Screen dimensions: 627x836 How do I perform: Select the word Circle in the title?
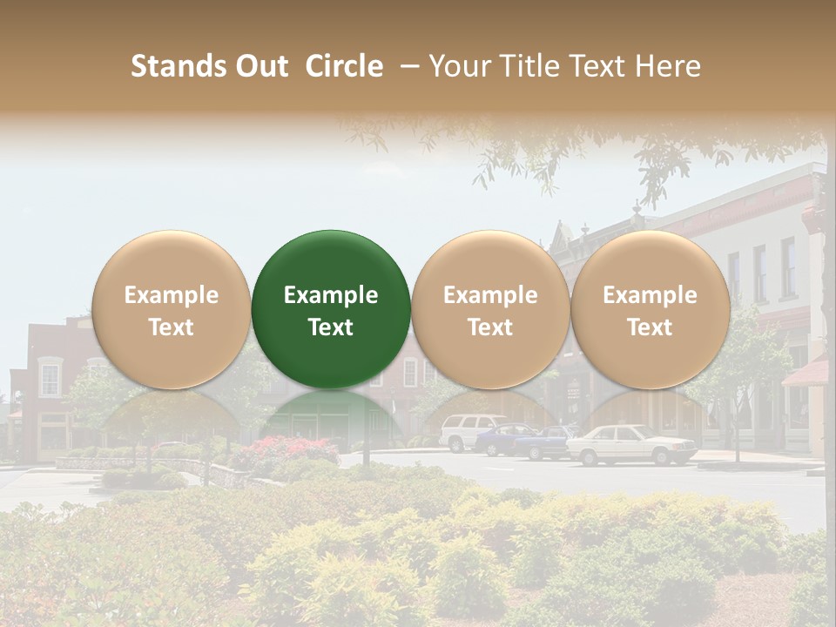click(344, 66)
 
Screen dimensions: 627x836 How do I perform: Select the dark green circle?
click(331, 309)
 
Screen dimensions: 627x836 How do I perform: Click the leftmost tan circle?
click(171, 309)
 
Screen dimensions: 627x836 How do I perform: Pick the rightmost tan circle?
click(650, 309)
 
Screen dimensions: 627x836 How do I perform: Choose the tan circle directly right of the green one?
click(490, 309)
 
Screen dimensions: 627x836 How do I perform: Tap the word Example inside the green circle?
click(331, 295)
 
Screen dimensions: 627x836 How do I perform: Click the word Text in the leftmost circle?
click(171, 327)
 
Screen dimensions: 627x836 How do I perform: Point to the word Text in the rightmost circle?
click(650, 327)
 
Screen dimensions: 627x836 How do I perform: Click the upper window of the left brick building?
click(50, 379)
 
